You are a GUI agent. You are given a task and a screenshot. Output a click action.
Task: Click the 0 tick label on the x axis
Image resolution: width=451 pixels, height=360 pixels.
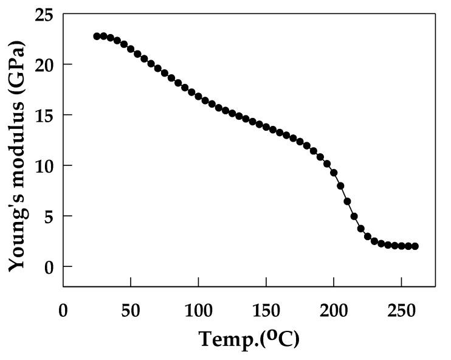pos(63,309)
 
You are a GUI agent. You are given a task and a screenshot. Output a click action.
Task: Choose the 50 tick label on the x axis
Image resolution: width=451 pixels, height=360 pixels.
pos(131,309)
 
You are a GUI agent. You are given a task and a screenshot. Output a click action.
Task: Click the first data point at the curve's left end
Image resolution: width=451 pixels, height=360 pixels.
pos(97,36)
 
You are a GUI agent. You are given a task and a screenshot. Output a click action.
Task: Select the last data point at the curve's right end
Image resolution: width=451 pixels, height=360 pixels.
pos(415,246)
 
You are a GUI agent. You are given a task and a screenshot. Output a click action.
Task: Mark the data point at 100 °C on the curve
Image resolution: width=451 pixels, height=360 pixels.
pos(198,96)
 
